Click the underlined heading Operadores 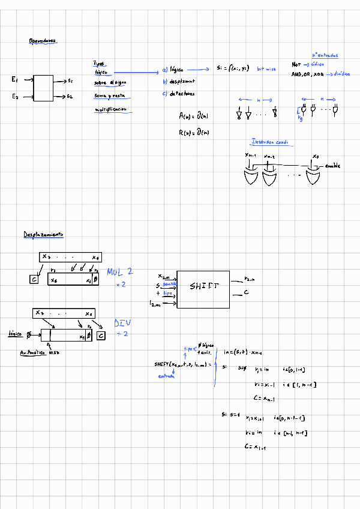42,41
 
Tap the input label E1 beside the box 15,79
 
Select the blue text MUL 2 120,272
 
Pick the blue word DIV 122,323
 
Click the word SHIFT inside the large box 204,286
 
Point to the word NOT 296,64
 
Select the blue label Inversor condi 270,142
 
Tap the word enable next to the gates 333,165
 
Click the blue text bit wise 266,69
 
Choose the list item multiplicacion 111,109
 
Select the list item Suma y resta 109,95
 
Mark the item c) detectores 178,94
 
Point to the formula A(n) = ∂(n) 194,115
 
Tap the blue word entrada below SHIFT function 166,376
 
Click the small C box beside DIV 101,336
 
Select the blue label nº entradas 325,55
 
